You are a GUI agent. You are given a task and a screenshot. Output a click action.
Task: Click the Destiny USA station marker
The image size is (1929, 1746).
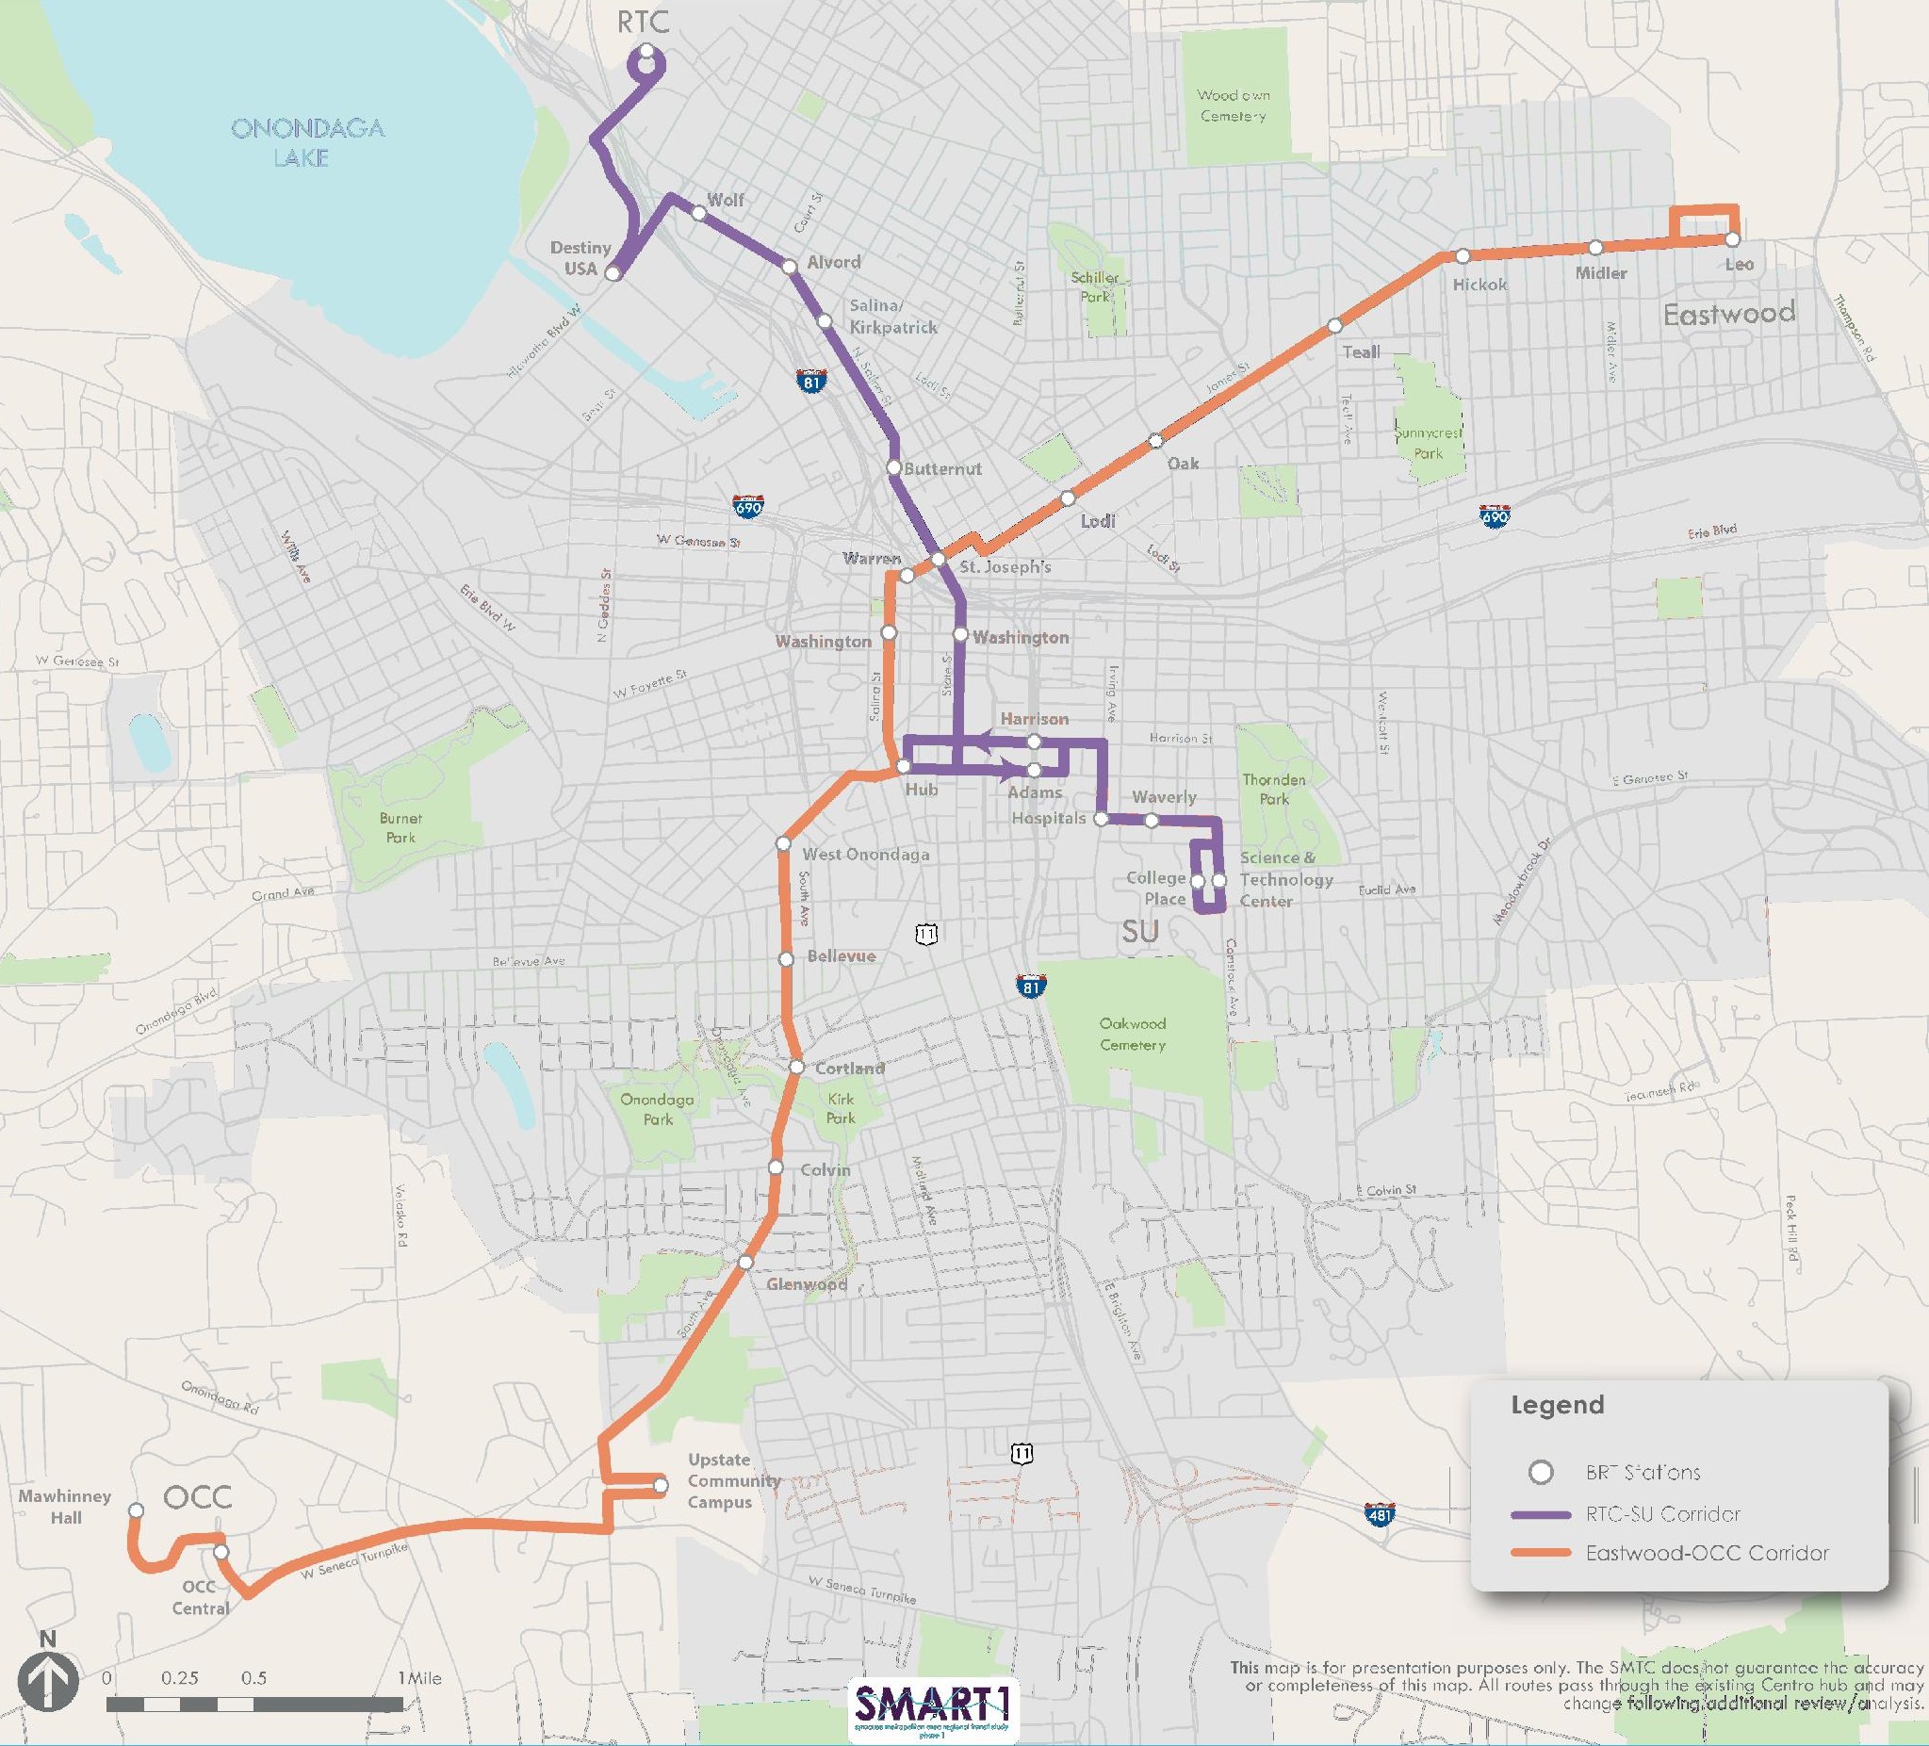click(613, 274)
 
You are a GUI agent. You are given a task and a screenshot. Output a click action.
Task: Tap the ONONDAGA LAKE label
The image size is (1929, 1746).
click(307, 142)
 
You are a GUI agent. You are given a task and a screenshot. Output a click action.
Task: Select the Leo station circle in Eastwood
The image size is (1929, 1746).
click(1733, 240)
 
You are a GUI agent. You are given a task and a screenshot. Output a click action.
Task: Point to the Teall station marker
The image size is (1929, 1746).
click(1334, 327)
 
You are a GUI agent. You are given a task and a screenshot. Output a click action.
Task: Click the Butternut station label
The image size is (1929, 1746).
click(942, 469)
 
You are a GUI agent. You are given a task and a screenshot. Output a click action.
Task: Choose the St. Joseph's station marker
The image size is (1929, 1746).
click(939, 560)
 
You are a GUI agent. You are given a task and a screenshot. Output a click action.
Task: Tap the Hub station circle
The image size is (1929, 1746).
click(903, 767)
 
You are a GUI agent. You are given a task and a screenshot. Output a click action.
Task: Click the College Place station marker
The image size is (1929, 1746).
click(1198, 880)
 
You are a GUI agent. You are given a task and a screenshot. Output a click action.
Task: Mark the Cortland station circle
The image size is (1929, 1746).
click(797, 1067)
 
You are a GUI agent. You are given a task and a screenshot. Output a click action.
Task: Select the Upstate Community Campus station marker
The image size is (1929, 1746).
click(661, 1486)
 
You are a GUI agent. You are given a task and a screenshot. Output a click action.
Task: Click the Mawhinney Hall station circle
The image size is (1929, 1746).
click(136, 1510)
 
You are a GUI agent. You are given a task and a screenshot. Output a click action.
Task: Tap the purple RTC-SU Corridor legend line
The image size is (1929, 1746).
click(1541, 1514)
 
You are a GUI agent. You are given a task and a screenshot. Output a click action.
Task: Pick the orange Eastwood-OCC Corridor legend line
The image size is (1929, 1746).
click(1541, 1553)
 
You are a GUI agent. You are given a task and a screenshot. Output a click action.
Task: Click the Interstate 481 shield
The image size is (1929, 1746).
click(1380, 1514)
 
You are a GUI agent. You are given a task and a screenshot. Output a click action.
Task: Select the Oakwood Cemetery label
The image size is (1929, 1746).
click(1132, 1035)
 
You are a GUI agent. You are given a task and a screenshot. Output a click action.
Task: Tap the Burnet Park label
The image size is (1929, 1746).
click(400, 827)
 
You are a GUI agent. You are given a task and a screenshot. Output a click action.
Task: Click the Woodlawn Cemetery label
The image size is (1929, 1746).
click(1234, 106)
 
